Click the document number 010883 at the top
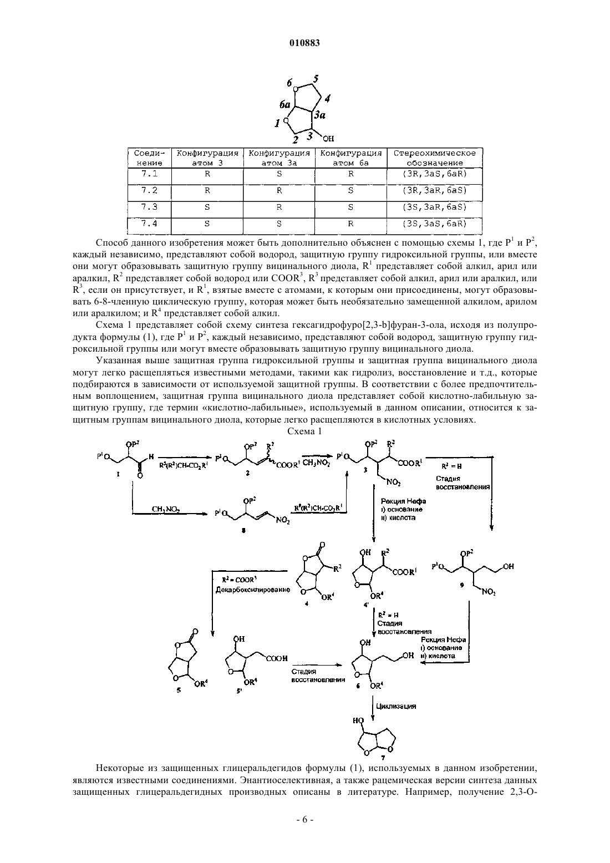(x=304, y=43)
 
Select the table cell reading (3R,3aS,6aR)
(x=435, y=174)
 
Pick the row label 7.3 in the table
(x=149, y=207)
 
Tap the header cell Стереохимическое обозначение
(x=435, y=158)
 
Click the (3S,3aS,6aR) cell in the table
(x=435, y=224)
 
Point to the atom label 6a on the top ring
(x=285, y=104)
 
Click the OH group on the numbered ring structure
(x=328, y=138)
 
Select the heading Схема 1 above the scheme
(x=304, y=431)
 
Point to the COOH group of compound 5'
(x=277, y=658)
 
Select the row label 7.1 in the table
(x=149, y=174)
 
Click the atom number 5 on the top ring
(x=316, y=79)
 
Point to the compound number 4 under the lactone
(x=307, y=603)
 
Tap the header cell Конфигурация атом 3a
(x=279, y=158)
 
